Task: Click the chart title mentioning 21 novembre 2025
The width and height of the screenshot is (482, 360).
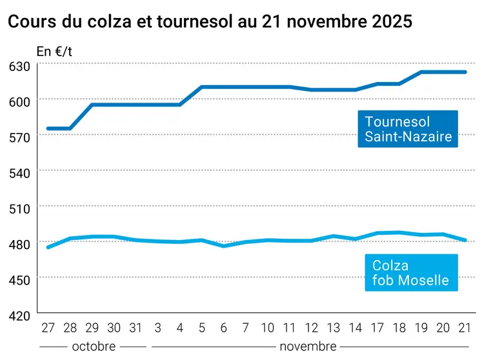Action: point(210,21)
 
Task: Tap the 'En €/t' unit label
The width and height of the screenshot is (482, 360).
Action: point(54,51)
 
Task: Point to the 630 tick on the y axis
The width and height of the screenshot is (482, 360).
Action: point(20,65)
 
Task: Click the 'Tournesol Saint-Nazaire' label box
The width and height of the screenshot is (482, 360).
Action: point(408,129)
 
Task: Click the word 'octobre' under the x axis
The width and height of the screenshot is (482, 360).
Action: point(94,346)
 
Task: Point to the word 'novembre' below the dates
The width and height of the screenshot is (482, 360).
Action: point(308,346)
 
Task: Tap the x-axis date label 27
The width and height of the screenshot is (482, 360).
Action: point(48,328)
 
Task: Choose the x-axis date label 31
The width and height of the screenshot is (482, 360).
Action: point(136,328)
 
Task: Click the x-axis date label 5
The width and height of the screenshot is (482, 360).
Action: point(202,328)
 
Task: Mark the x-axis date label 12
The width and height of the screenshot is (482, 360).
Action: point(312,328)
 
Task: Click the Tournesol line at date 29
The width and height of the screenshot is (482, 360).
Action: point(92,105)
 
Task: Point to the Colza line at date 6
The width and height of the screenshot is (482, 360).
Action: point(224,246)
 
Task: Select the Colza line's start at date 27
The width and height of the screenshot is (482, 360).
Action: point(48,247)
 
